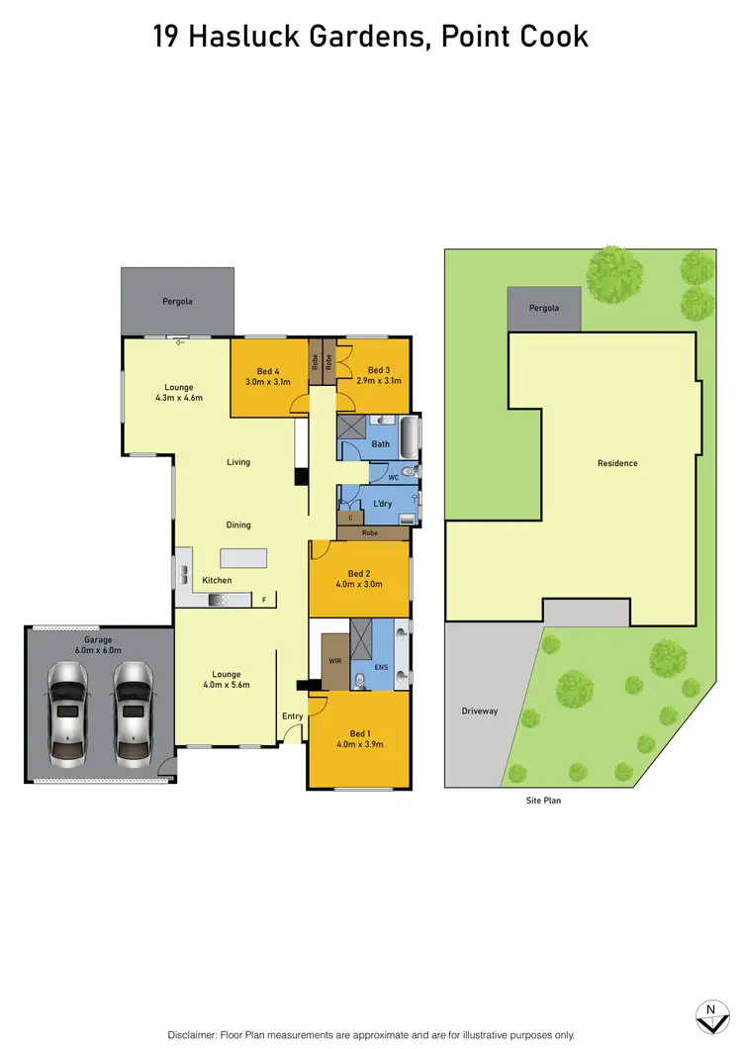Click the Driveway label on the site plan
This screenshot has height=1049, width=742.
pos(480,711)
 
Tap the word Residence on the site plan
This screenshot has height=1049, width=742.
pos(617,463)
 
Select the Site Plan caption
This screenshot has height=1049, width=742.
pos(543,800)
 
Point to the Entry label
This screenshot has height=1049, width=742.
pos(293,716)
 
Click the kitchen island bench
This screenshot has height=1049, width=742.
pos(244,558)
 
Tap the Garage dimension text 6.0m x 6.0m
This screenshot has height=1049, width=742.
pos(102,650)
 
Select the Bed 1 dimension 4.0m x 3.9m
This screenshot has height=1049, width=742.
pos(358,743)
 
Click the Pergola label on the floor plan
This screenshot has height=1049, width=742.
pos(178,300)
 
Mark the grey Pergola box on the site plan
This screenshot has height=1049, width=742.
pos(543,309)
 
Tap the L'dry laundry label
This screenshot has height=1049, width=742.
pos(383,504)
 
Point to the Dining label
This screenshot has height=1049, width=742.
pos(237,524)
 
